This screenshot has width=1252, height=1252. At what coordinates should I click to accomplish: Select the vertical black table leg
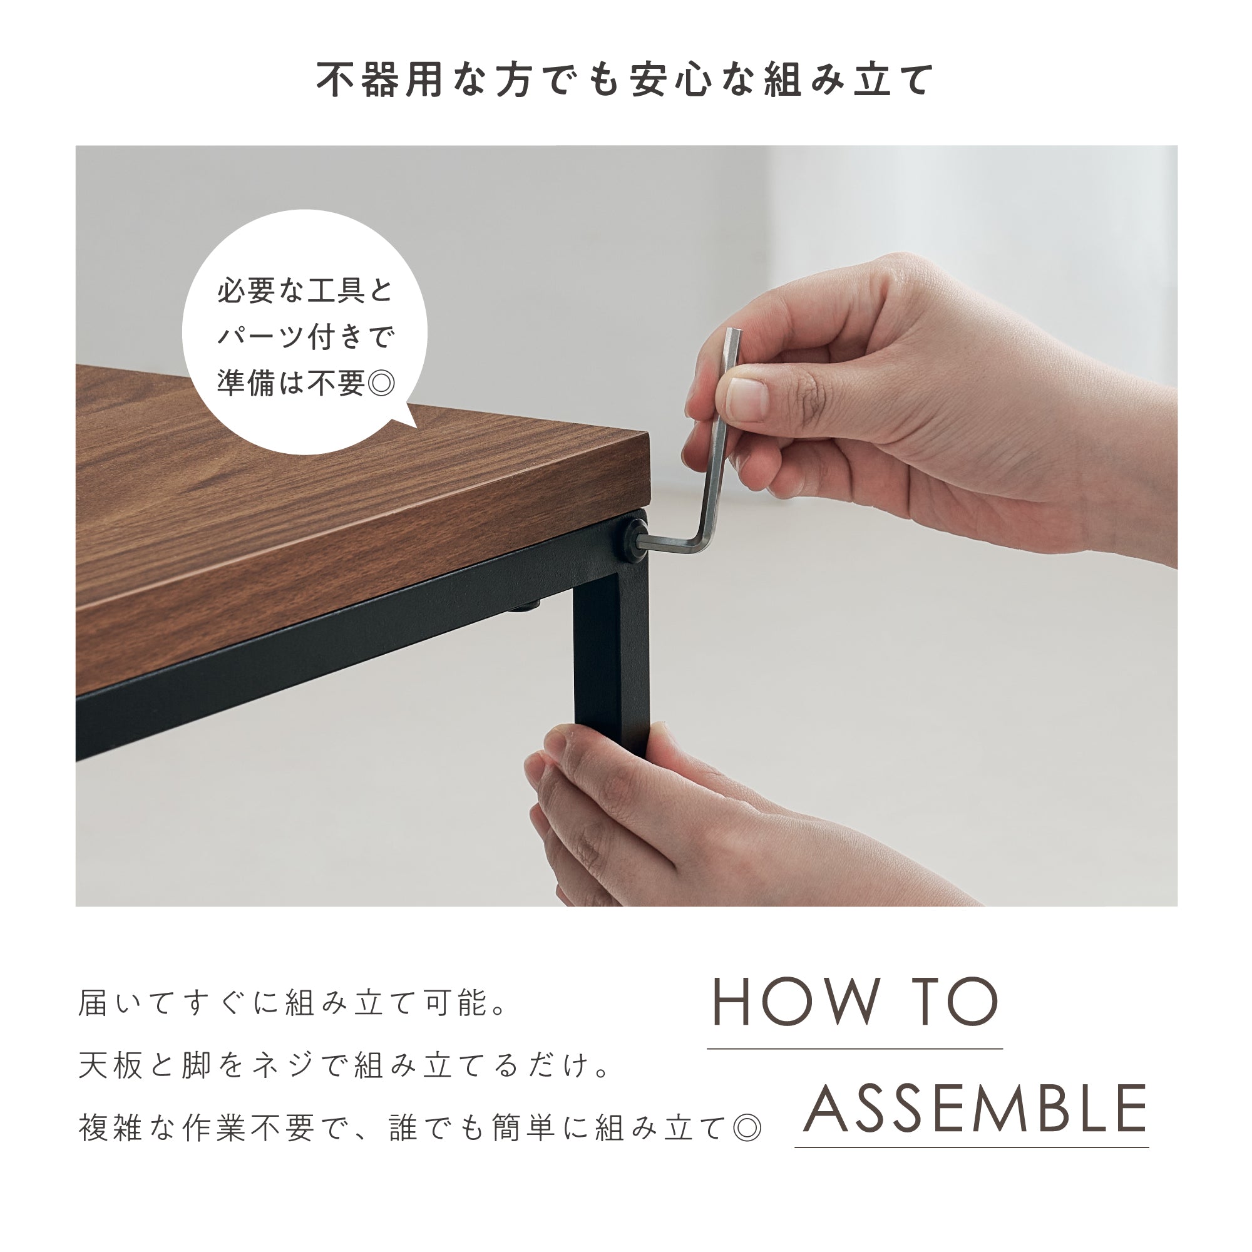(610, 655)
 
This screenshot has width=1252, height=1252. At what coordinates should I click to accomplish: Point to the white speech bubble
(305, 332)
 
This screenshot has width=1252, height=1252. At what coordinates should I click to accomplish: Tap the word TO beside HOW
(959, 1003)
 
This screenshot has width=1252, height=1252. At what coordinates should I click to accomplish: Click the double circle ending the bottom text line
(747, 1129)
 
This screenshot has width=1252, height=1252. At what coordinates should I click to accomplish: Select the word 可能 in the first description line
(458, 1003)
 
